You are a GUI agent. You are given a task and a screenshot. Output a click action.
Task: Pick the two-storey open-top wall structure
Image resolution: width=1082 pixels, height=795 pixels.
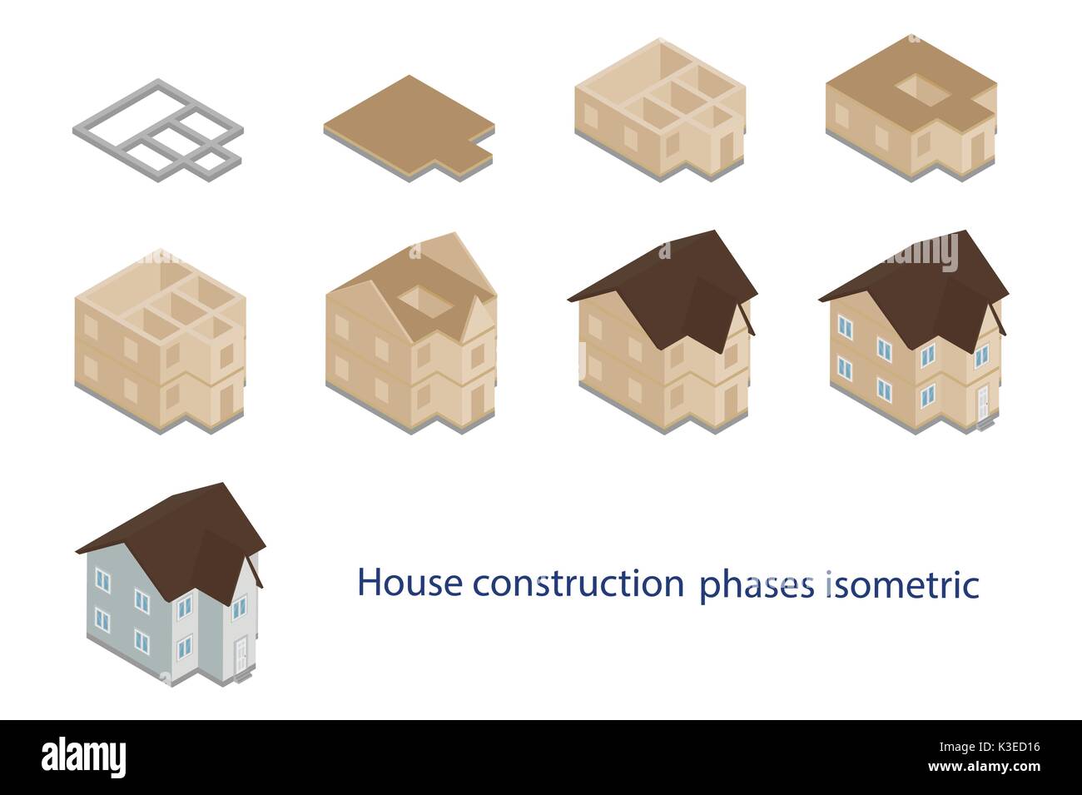click(158, 341)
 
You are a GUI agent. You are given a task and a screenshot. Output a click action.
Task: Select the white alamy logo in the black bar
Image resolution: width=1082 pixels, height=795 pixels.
click(83, 758)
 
